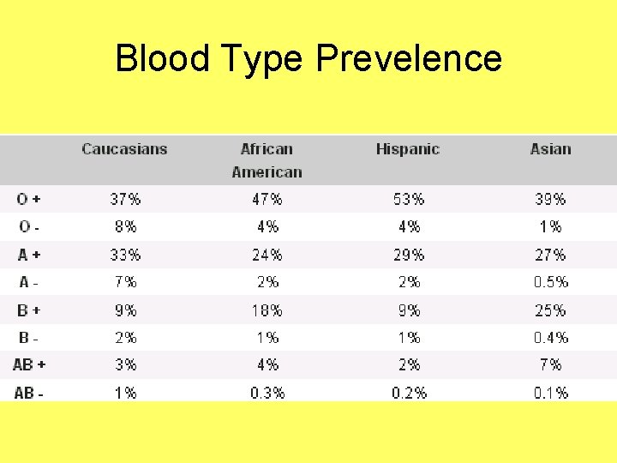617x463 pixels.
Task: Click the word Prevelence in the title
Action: (409, 58)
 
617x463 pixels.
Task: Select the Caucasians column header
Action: (125, 149)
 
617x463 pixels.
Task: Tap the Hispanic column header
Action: (408, 149)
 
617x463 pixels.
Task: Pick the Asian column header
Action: (550, 149)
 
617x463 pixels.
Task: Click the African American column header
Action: (267, 160)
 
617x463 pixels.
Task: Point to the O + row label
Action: (29, 199)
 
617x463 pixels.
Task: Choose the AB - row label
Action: (29, 393)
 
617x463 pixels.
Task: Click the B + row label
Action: (29, 310)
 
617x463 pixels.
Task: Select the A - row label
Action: (29, 281)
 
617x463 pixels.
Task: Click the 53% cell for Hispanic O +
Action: (409, 199)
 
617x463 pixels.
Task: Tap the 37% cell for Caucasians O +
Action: (125, 199)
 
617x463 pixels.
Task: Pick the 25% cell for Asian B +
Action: (550, 310)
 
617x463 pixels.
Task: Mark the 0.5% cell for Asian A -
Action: (550, 281)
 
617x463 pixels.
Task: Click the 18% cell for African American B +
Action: (267, 310)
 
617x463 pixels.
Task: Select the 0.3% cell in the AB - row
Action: (267, 393)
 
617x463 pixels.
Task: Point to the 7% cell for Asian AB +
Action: (550, 364)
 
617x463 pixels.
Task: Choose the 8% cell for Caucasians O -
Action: (125, 226)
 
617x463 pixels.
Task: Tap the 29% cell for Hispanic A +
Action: (409, 255)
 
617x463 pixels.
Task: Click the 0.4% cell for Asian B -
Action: (550, 337)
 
